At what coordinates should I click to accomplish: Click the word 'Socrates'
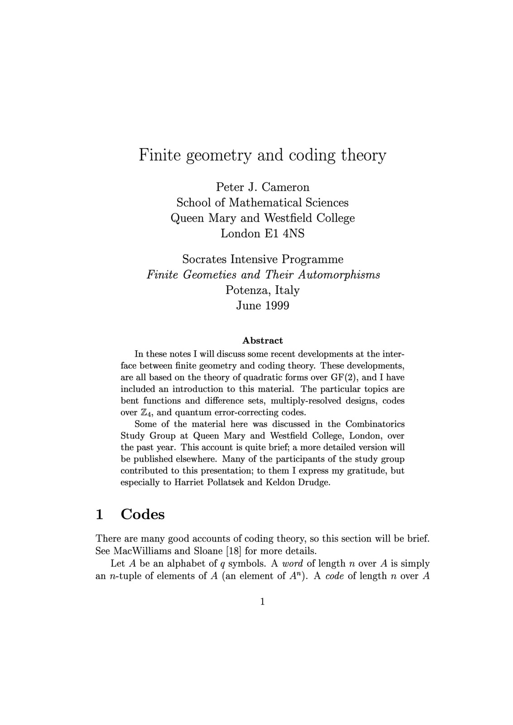point(205,259)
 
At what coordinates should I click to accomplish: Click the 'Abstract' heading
point(263,340)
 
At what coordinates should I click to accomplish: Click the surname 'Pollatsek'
point(225,482)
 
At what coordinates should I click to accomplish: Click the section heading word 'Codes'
point(143,514)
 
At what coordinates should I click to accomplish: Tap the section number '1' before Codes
point(100,514)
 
